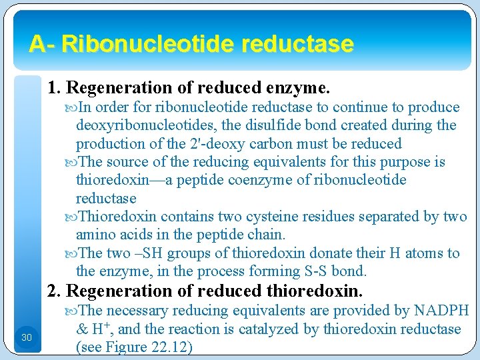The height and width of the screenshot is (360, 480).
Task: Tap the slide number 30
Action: (x=26, y=338)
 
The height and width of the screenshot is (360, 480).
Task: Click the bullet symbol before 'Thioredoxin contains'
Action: (x=72, y=217)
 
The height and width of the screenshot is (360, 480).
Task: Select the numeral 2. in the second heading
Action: (x=54, y=291)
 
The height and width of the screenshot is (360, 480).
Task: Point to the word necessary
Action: (x=137, y=311)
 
